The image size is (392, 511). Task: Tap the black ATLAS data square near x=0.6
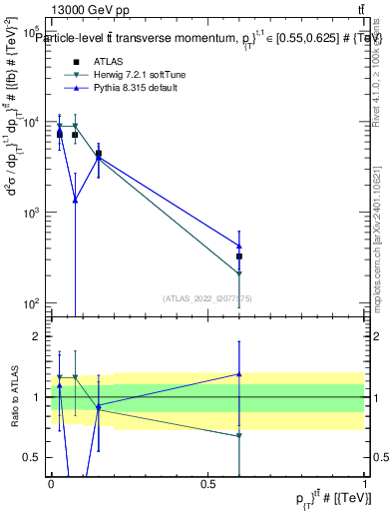[x=239, y=256]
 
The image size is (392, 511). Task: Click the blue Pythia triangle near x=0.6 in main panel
[x=239, y=246]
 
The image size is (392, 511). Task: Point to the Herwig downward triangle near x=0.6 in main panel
[x=239, y=273]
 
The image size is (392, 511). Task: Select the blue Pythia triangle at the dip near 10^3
[x=75, y=200]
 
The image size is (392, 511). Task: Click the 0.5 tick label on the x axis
[x=207, y=483]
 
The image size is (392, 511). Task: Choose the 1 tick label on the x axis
[x=365, y=483]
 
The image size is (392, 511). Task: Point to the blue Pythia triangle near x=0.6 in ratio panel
[x=239, y=374]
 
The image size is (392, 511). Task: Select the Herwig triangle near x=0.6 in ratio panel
[x=239, y=435]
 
